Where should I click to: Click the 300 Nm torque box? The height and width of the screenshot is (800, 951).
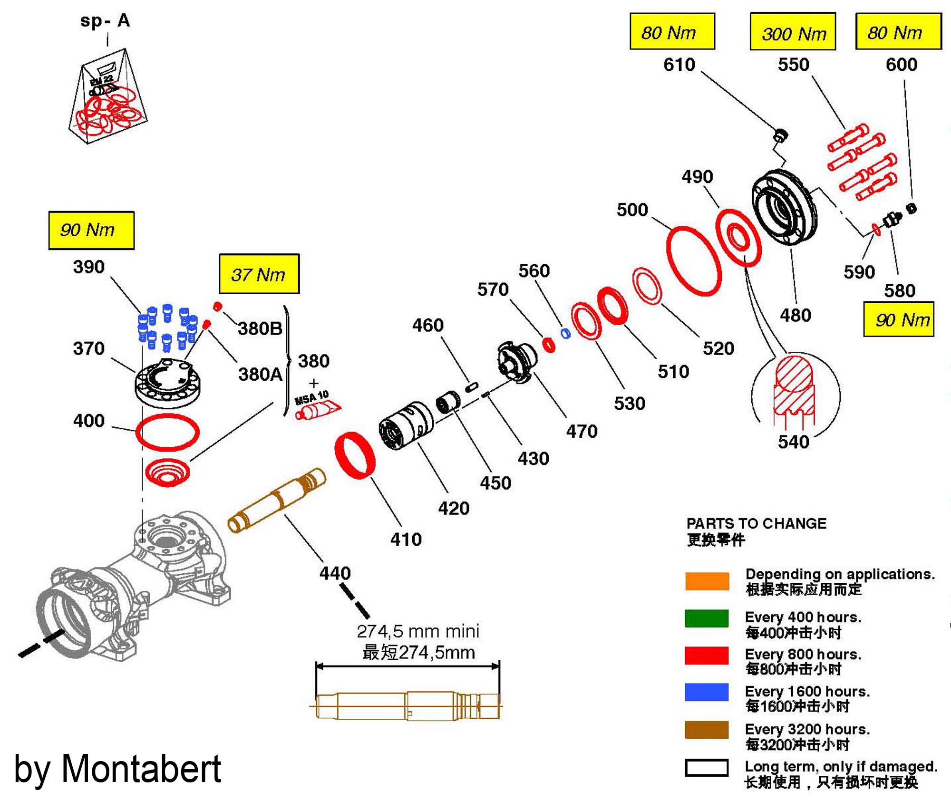793,32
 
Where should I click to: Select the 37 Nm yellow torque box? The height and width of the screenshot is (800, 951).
259,274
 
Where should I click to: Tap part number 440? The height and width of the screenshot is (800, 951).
335,573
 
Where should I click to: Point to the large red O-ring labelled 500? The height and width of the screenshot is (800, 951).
694,261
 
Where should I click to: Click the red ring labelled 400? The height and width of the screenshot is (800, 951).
167,432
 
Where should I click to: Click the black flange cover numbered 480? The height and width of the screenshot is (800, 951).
785,207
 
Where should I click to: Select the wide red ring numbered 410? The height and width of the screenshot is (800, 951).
355,455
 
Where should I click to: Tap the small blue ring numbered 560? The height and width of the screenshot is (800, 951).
565,333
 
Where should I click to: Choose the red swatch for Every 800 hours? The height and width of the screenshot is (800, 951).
707,655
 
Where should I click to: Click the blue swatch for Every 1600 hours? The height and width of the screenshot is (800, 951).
707,692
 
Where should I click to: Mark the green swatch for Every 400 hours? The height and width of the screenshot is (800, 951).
707,618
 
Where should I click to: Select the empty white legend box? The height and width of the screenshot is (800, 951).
707,767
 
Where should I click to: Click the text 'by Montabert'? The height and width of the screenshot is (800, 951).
117,769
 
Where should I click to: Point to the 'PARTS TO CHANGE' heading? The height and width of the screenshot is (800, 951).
756,523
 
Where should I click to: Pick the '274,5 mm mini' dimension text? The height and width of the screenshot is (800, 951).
418,631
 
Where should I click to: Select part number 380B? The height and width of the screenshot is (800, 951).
260,328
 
